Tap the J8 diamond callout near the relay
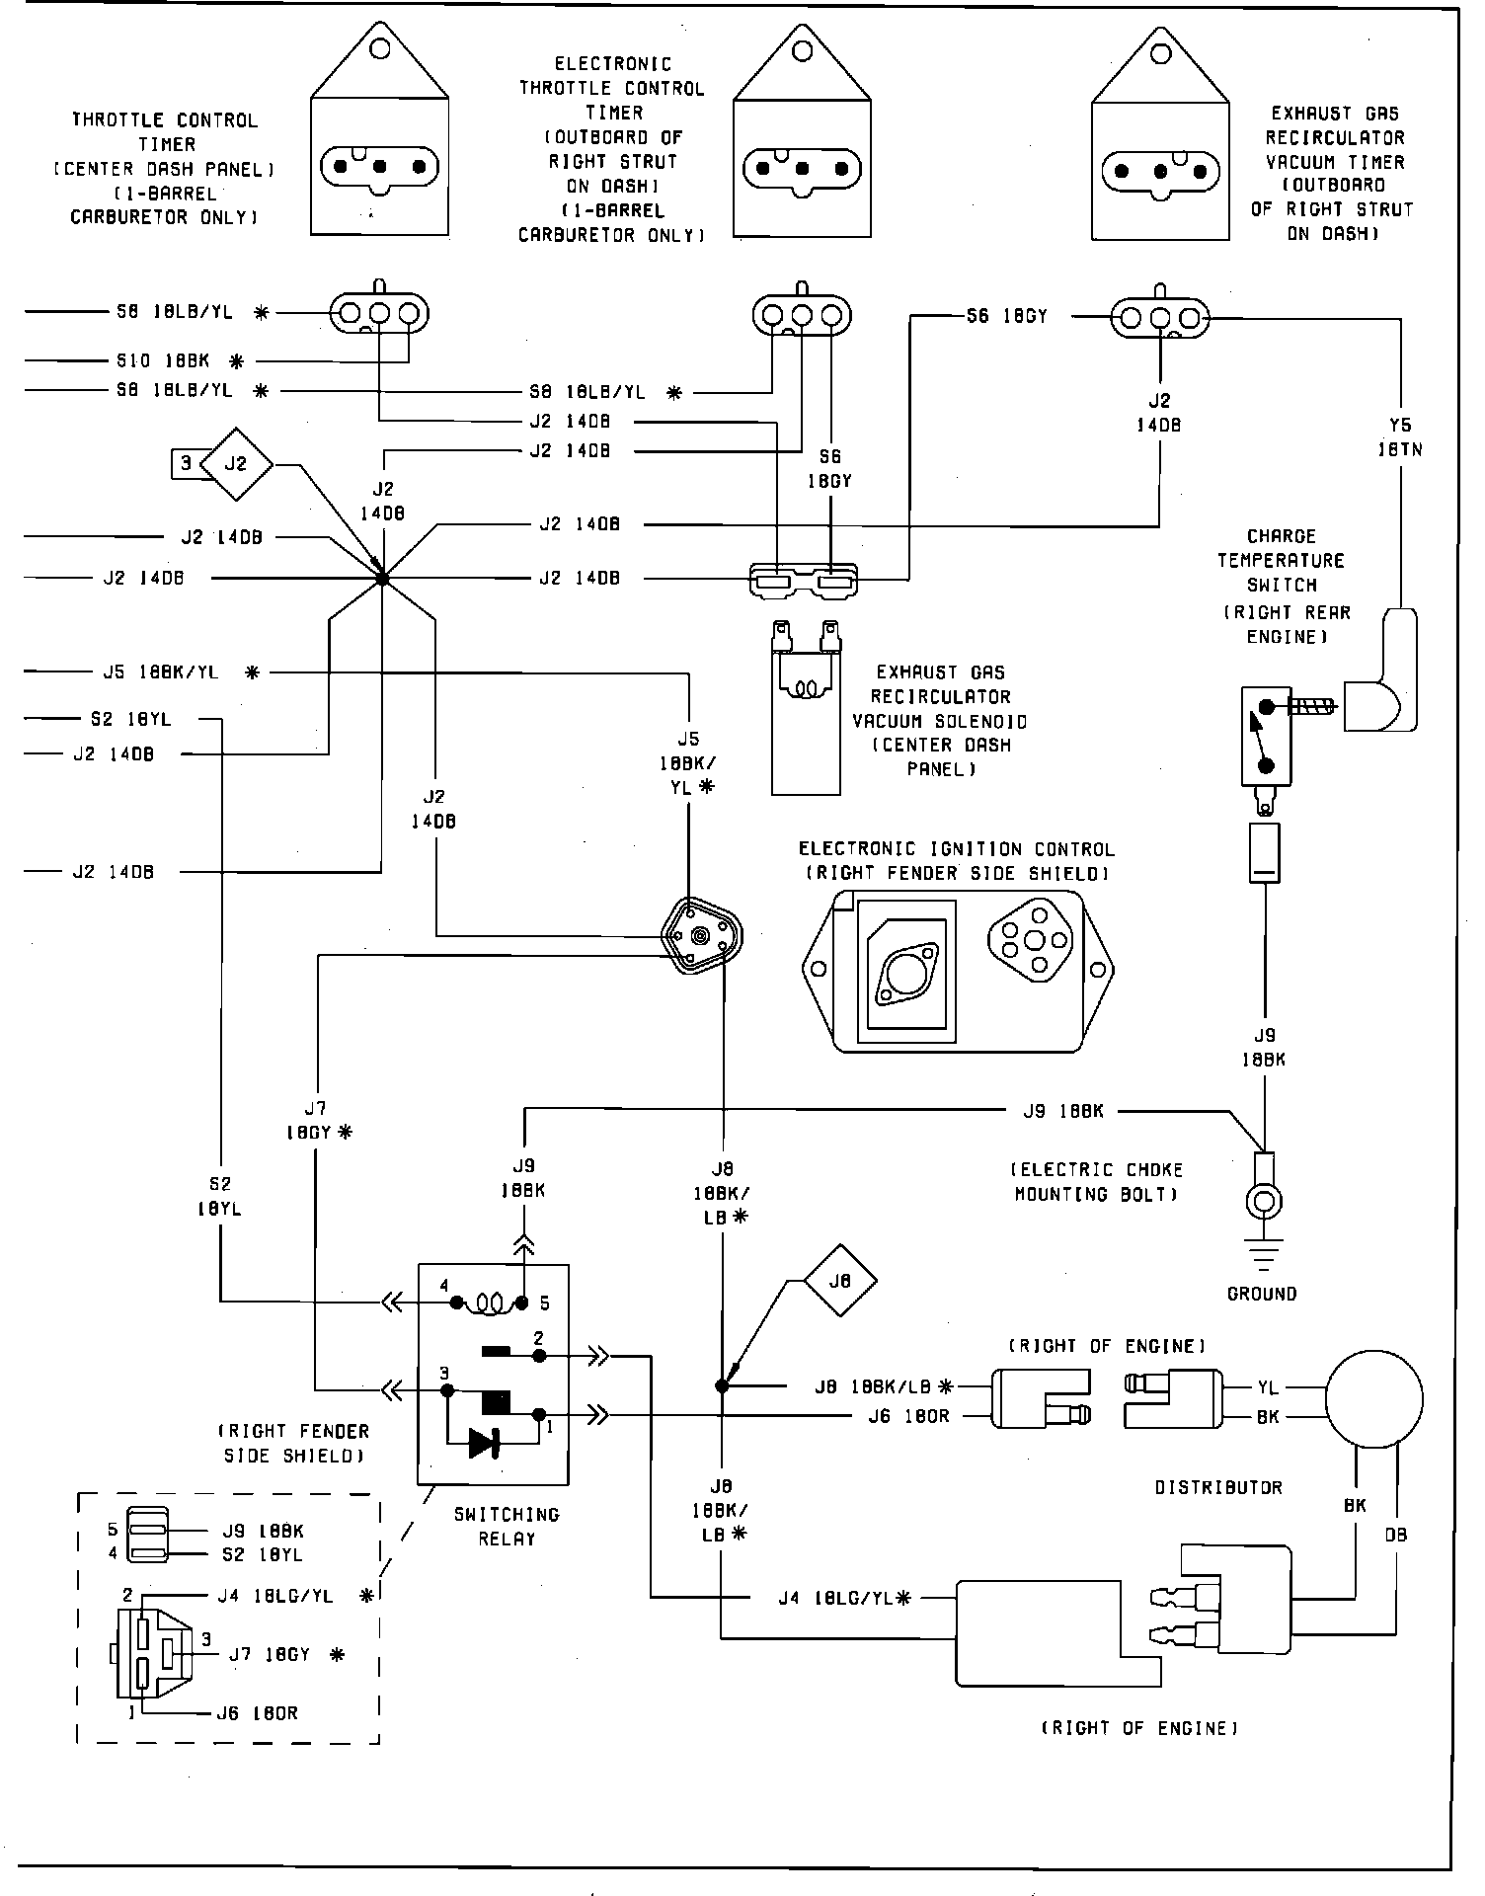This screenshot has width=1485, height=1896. coord(839,1281)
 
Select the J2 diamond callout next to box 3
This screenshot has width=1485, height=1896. coord(236,462)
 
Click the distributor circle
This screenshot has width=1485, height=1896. coord(1373,1399)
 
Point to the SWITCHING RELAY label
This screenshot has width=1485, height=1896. coord(507,1527)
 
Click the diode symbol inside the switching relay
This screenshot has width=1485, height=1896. coord(484,1444)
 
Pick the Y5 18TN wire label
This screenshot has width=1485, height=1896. coord(1399,437)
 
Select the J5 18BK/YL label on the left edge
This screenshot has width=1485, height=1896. coord(161,672)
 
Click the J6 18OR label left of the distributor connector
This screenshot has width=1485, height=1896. coord(908,1416)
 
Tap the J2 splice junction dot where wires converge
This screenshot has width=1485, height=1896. coord(382,580)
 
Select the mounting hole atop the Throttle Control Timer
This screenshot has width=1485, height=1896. coord(380,46)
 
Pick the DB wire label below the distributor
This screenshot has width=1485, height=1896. coord(1395,1535)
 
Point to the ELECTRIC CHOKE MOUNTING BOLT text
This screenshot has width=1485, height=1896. coord(1096,1182)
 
